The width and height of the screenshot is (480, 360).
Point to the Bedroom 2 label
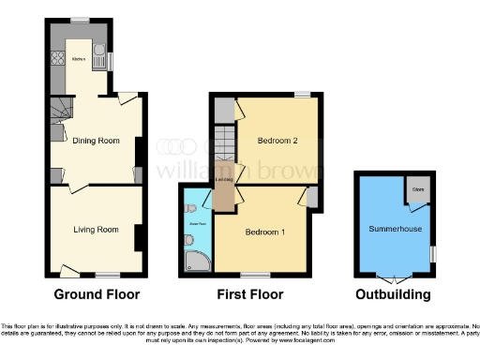[277, 141]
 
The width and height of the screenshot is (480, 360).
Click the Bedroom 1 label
[264, 232]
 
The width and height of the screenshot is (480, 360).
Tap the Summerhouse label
[393, 229]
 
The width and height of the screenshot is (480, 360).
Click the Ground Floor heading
[97, 294]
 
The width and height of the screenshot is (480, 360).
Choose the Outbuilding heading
[393, 294]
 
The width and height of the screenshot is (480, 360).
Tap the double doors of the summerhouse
[393, 278]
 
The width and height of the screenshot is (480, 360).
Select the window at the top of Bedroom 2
[300, 94]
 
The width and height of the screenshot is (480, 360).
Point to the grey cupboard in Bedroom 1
[311, 196]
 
